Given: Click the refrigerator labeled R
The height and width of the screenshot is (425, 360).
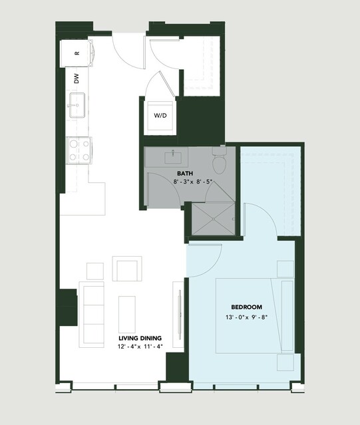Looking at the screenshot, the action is point(77,53).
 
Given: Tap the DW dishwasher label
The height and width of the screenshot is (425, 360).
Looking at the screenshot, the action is point(77,78).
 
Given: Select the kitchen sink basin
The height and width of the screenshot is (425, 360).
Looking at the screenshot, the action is point(77,106).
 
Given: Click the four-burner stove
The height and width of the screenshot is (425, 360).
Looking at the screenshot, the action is point(79,150).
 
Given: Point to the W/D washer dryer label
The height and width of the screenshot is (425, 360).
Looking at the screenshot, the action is point(160,116).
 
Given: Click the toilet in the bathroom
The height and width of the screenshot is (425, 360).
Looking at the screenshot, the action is point(219,160).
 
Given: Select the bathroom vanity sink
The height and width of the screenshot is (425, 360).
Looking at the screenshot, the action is point(173,158).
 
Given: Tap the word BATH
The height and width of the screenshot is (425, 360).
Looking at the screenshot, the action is point(185,174).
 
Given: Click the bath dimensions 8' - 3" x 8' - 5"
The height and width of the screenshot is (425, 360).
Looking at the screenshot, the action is point(192,182).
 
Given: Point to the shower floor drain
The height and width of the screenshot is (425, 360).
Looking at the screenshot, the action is point(214,219).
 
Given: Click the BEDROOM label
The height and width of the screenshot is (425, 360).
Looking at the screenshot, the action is point(246,307).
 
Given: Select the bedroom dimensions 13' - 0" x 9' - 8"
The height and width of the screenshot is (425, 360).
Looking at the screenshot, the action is point(246,317).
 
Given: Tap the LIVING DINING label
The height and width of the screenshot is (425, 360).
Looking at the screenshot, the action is point(140,339).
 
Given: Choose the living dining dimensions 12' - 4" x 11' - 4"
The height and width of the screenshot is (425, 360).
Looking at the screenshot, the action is point(140,347).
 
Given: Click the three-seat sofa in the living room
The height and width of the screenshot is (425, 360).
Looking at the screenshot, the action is point(92,315).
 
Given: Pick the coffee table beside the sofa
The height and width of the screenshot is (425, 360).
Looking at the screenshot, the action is point(127,315).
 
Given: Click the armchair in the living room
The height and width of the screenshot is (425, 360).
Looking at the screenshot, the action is point(127,269).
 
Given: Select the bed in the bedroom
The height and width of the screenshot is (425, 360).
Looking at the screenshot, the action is point(255,316).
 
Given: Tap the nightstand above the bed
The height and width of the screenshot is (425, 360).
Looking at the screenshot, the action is point(285,269).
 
